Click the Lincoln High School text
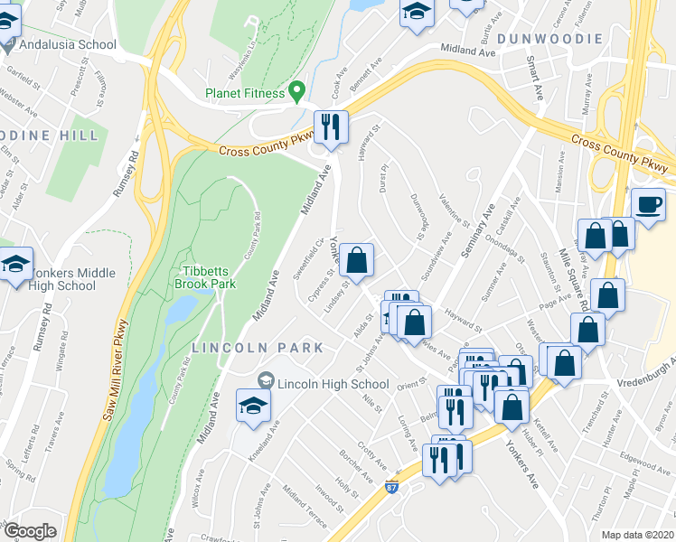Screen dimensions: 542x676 pos(333,384)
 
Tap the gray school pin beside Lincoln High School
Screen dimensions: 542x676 pos(266,383)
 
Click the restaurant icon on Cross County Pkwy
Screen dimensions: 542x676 pos(330,126)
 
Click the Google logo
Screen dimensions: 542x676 pos(30,531)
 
